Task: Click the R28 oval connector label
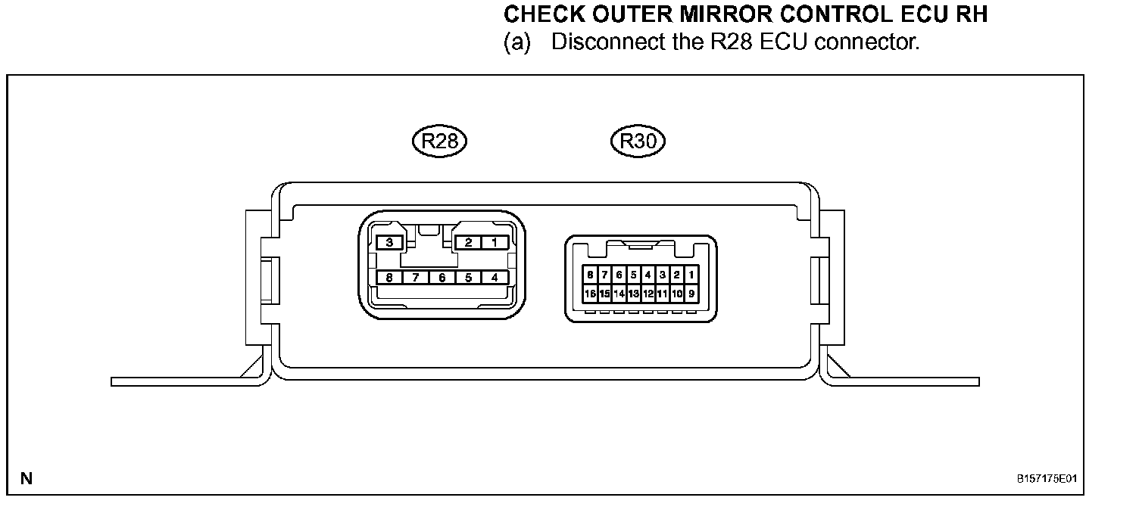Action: click(439, 141)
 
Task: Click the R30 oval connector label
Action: click(638, 141)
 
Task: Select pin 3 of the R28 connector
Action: click(389, 242)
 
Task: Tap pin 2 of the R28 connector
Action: click(468, 242)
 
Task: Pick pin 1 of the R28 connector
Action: click(495, 242)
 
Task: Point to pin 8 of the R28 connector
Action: click(389, 278)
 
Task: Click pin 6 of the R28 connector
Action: click(442, 278)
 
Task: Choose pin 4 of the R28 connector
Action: click(495, 278)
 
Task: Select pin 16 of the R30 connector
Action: click(590, 294)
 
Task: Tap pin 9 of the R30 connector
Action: click(691, 294)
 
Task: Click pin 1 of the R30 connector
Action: click(691, 275)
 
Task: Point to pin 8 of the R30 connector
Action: click(590, 275)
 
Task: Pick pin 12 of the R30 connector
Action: click(648, 294)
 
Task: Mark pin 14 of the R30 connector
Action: click(619, 294)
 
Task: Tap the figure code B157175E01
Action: click(1047, 478)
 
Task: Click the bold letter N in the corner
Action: click(27, 478)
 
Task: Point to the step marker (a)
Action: click(517, 42)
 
